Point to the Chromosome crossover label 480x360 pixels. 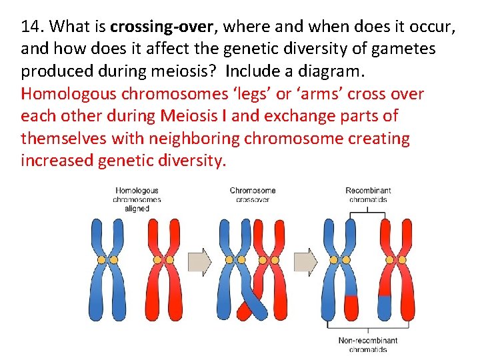(253, 195)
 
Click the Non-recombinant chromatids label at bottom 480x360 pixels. (363, 345)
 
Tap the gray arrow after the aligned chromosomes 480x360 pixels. (199, 261)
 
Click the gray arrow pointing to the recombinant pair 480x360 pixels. (306, 261)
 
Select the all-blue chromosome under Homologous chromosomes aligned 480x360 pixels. (107, 267)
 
